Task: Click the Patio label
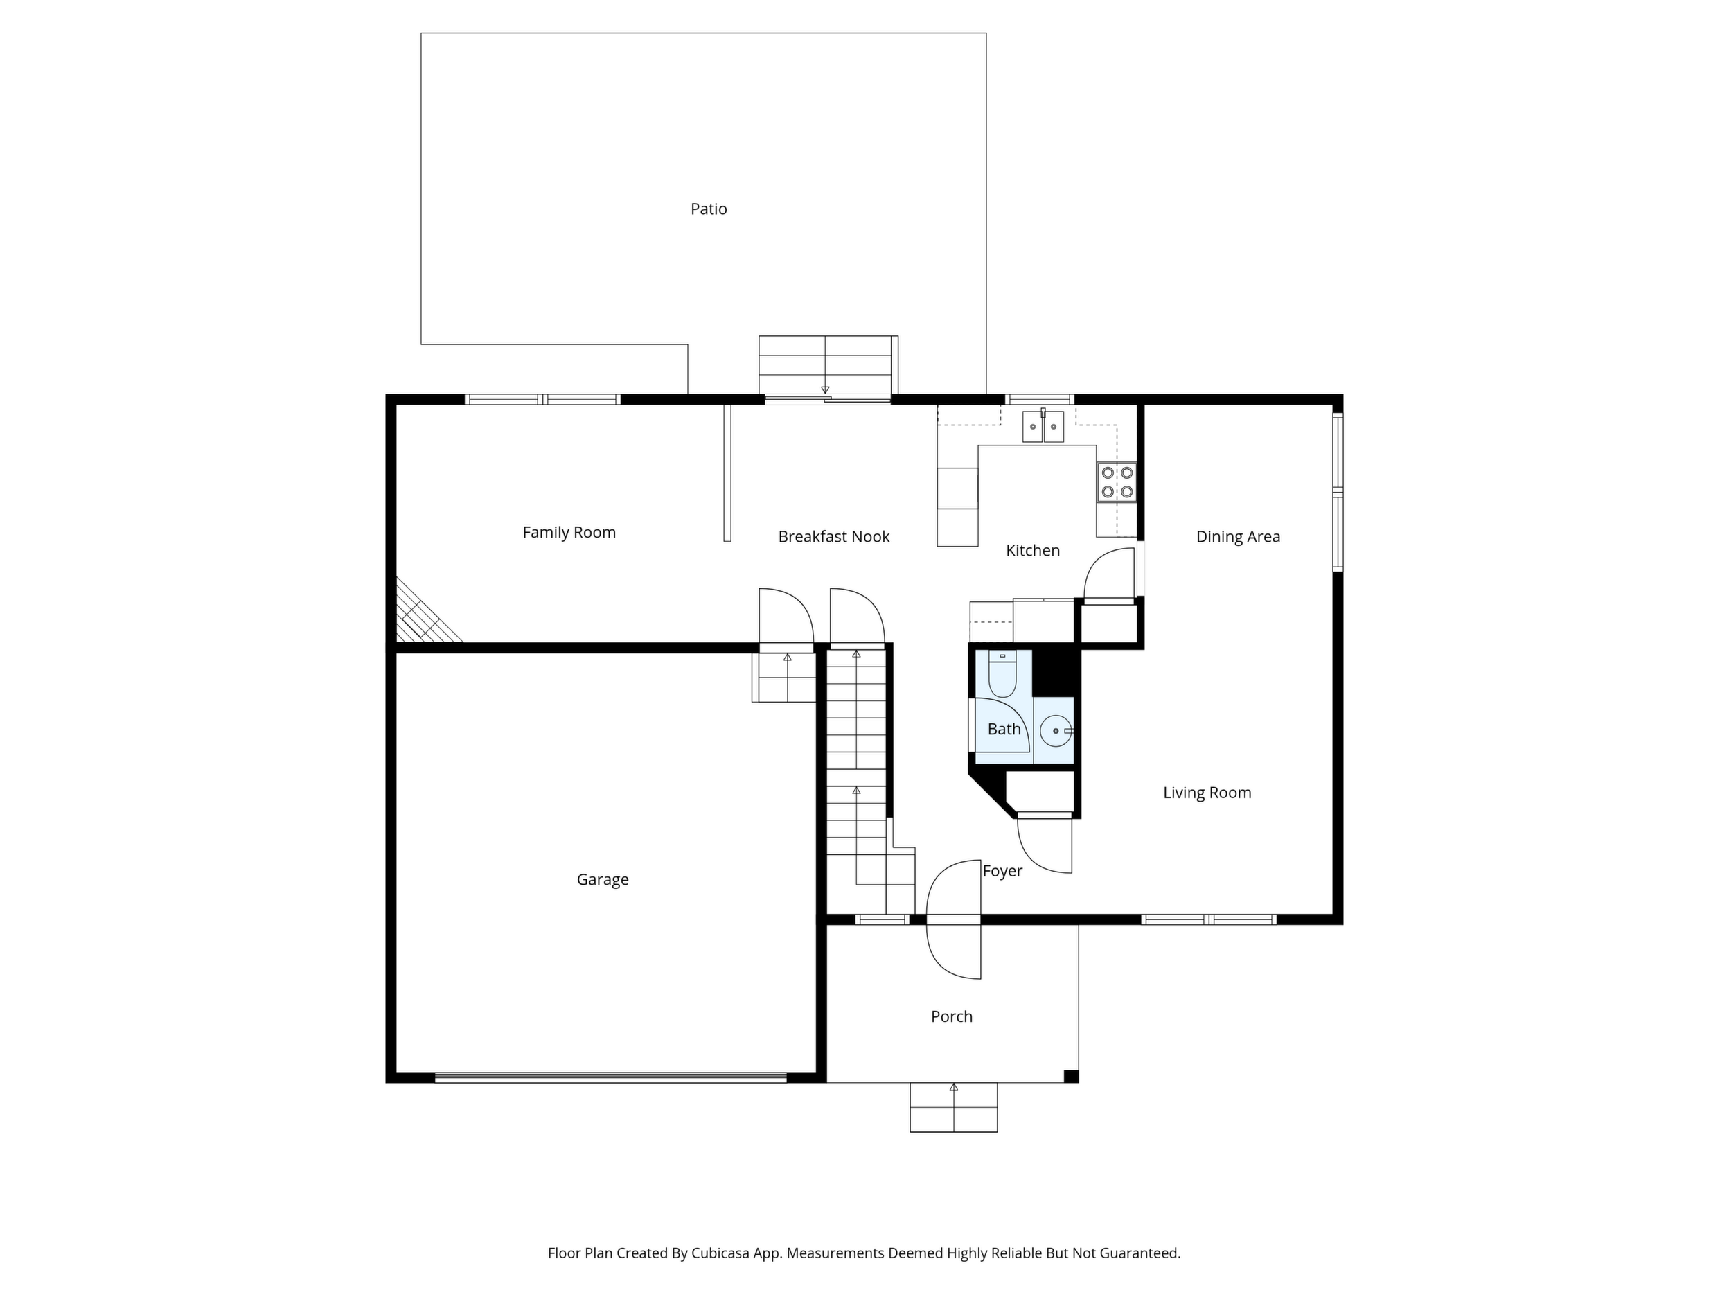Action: (708, 209)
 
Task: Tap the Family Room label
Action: (569, 532)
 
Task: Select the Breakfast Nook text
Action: (834, 536)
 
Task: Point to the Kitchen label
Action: (1033, 550)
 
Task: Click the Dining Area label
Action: (1238, 537)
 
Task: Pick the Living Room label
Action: (1207, 793)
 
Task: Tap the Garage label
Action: (603, 879)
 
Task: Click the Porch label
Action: (951, 1016)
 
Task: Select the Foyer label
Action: (1002, 871)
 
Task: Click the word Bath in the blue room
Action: (1004, 730)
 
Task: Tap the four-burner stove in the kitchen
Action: (1117, 482)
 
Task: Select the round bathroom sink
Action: (1055, 731)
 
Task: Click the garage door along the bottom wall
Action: (610, 1077)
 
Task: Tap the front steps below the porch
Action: (954, 1107)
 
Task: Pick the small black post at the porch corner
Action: (1072, 1077)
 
